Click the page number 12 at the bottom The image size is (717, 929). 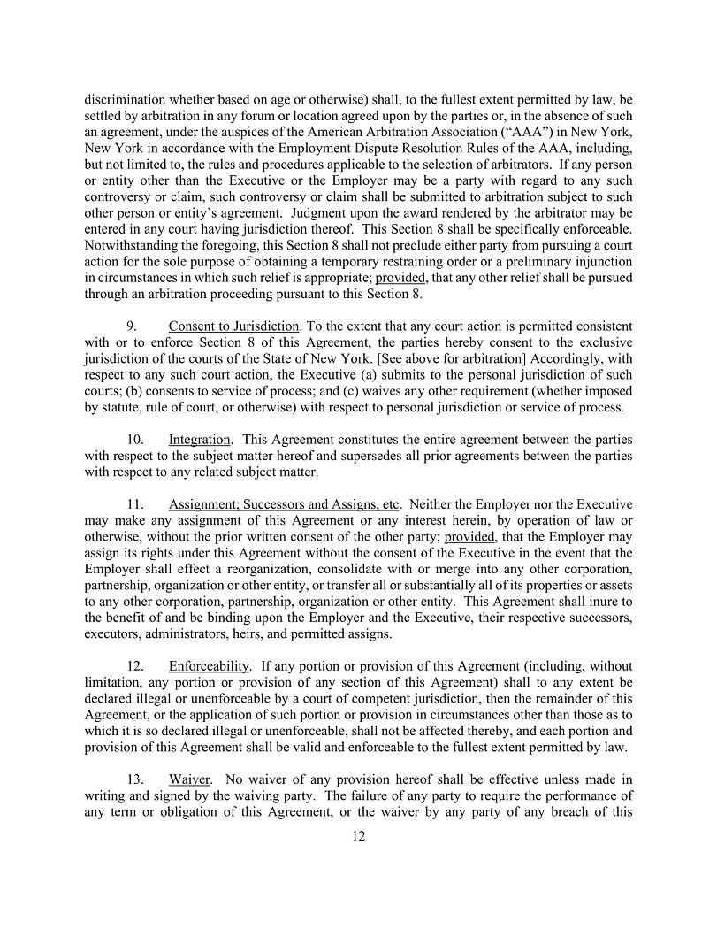[x=358, y=835]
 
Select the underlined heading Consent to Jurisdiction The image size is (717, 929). [x=233, y=326]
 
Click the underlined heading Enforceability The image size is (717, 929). [x=210, y=665]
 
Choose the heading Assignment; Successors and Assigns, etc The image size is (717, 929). [x=284, y=504]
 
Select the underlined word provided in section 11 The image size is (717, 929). [x=469, y=536]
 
